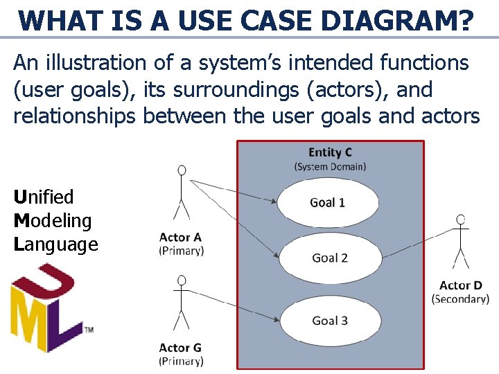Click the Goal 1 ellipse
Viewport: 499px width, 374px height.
[329, 202]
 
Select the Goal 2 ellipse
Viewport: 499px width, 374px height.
[331, 258]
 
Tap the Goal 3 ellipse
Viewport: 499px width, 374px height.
[331, 320]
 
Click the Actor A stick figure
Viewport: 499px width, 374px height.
[181, 193]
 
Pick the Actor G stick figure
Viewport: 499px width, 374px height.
[181, 302]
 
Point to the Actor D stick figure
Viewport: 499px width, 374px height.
[460, 242]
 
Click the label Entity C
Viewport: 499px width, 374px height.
[330, 152]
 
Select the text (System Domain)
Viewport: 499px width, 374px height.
[330, 166]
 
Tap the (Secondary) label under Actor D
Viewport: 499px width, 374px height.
[460, 299]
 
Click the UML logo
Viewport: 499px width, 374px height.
[46, 308]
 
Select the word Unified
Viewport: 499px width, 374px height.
[43, 197]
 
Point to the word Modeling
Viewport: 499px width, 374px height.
[53, 221]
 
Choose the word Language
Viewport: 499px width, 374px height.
[55, 244]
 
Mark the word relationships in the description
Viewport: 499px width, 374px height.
[75, 116]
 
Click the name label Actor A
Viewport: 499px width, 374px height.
[180, 238]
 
